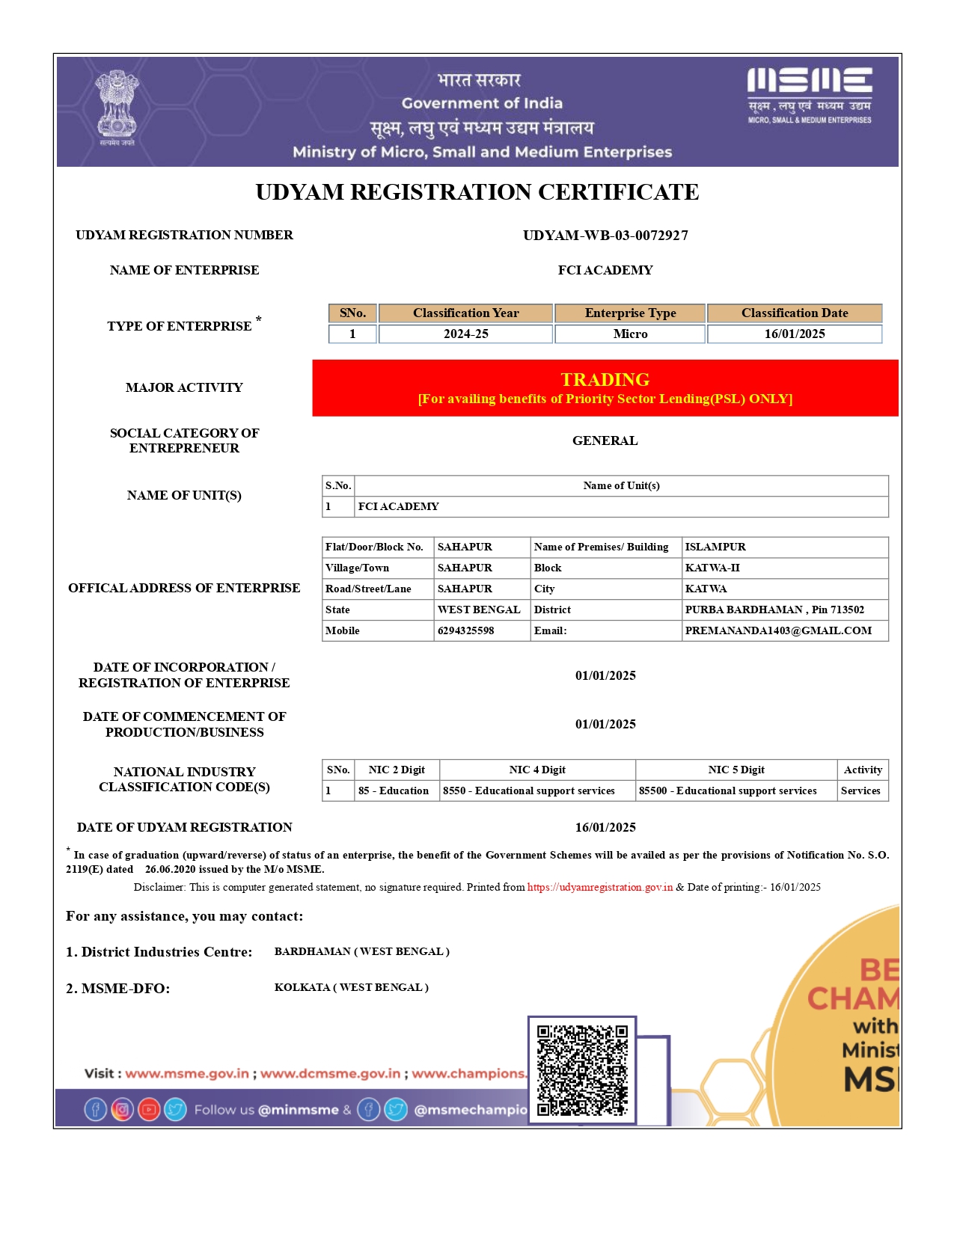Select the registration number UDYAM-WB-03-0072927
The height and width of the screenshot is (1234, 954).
[605, 236]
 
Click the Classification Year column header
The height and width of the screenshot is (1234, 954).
[465, 313]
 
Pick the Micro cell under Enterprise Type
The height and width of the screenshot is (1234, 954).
[630, 334]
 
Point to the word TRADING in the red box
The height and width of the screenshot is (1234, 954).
[605, 380]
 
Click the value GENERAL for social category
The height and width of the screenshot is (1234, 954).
[605, 441]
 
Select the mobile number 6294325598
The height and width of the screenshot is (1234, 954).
[465, 631]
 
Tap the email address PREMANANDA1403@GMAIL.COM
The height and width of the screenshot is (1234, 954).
[778, 631]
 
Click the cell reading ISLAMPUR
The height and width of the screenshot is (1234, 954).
[715, 547]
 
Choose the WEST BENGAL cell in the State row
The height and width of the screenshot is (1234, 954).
[479, 610]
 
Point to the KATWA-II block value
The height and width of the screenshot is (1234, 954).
[712, 568]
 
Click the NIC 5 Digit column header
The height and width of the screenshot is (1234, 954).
[736, 770]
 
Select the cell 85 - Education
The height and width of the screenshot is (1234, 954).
[394, 791]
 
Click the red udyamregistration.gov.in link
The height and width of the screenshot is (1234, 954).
[599, 888]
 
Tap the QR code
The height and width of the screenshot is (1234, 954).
[582, 1070]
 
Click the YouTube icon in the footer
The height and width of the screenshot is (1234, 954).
[149, 1110]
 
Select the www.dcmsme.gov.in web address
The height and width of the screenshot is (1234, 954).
[330, 1074]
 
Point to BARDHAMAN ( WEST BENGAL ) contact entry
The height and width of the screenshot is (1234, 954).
[362, 952]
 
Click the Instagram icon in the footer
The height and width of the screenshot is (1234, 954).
[122, 1110]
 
